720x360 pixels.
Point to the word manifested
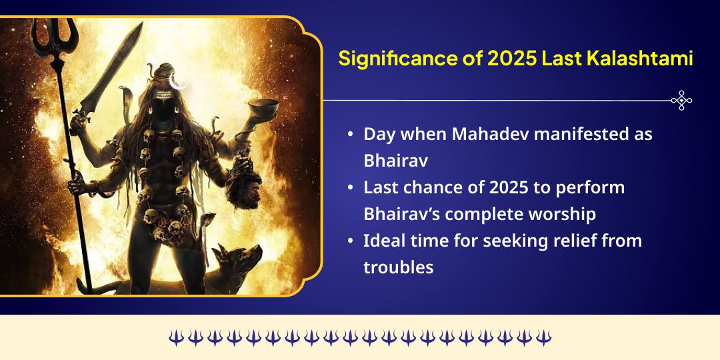point(581,134)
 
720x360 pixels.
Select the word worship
point(563,215)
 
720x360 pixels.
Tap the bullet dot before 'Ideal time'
point(351,241)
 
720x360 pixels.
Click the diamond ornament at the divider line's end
point(681,100)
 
